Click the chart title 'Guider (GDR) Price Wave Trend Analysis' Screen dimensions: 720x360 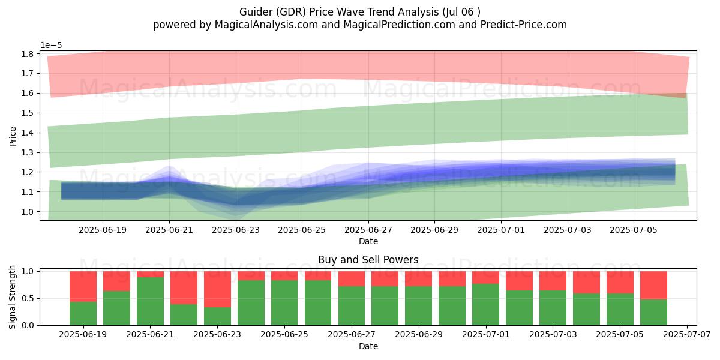(x=339, y=12)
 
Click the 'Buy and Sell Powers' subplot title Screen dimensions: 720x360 (x=368, y=259)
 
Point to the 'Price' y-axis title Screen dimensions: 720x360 (x=13, y=136)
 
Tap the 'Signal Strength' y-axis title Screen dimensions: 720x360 (x=12, y=298)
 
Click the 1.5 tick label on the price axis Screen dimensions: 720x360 (x=28, y=113)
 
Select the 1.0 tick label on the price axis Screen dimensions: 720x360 (x=28, y=212)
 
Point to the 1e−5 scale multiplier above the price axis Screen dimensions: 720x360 (x=51, y=46)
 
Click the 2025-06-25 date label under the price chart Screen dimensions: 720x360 (x=302, y=230)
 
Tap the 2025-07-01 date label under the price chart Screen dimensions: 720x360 (x=501, y=230)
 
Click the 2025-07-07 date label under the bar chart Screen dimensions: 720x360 (x=687, y=335)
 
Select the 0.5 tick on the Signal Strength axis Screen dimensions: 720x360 (x=28, y=299)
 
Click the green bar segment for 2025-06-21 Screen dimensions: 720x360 (x=150, y=301)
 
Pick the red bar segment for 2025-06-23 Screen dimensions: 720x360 (x=217, y=289)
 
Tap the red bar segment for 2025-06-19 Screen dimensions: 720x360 (x=83, y=286)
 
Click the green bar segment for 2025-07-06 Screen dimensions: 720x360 (x=653, y=312)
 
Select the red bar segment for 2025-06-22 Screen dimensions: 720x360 (x=184, y=287)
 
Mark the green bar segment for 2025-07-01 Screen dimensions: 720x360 (x=485, y=304)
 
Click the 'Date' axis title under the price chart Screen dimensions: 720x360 (x=368, y=241)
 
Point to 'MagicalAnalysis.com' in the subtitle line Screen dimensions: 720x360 (x=266, y=25)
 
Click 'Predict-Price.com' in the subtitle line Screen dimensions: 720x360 (x=524, y=25)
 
